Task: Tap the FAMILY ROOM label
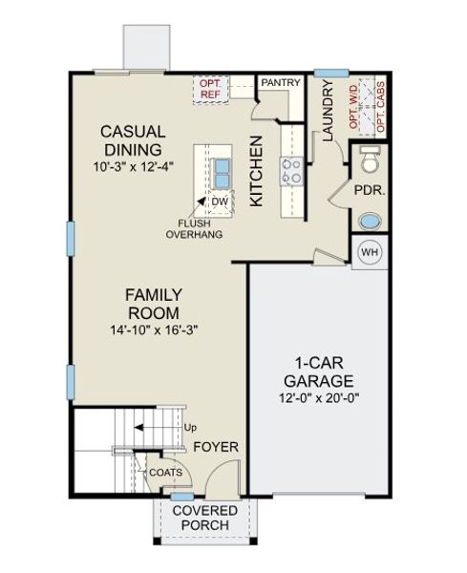click(x=154, y=304)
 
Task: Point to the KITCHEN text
click(x=256, y=172)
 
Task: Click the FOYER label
click(x=216, y=447)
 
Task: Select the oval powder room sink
click(x=369, y=221)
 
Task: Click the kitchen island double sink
click(x=221, y=172)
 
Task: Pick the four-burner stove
click(x=290, y=172)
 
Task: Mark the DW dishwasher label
click(x=219, y=202)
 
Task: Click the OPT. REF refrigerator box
click(x=210, y=90)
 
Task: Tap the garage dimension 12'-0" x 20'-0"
click(x=318, y=397)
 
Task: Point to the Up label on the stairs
click(x=190, y=427)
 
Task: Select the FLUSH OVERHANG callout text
click(x=195, y=228)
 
